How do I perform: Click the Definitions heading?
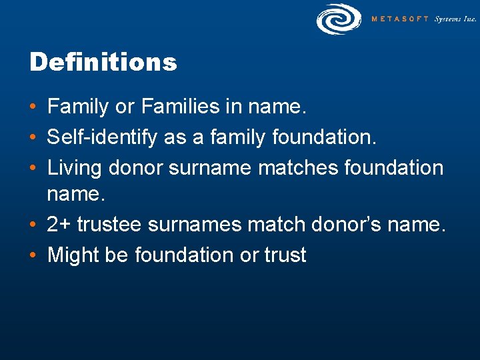[x=103, y=63]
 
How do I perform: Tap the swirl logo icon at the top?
[x=339, y=19]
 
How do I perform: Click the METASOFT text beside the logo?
[x=400, y=19]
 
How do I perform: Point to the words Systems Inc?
[x=455, y=19]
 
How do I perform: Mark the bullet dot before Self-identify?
[x=33, y=138]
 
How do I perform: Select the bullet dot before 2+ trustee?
[x=33, y=225]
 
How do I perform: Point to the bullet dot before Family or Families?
[x=33, y=107]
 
